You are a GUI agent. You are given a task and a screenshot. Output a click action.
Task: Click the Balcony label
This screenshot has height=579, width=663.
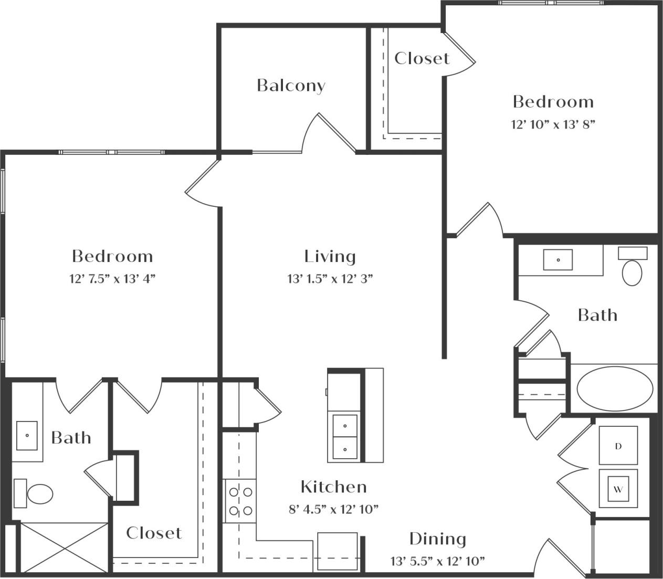pos(291,86)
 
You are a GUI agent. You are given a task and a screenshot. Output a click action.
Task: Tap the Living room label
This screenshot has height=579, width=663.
pos(330,256)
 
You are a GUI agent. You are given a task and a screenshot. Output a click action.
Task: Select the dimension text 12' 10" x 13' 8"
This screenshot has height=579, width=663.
pos(553,124)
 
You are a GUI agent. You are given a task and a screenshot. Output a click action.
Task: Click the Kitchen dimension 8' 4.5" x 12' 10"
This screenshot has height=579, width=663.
pos(333,509)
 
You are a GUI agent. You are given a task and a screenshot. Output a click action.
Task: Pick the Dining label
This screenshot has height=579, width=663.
pos(437,539)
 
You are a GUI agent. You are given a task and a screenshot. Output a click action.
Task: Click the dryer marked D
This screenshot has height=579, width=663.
pos(618,446)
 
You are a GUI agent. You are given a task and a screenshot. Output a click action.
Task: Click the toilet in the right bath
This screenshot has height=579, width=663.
pos(632,269)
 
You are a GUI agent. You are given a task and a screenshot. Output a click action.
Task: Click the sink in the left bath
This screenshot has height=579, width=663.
pos(27,435)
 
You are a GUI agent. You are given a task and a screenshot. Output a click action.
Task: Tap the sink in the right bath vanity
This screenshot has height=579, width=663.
pos(557,260)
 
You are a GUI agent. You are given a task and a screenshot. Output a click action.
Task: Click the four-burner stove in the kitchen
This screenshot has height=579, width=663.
pos(239,501)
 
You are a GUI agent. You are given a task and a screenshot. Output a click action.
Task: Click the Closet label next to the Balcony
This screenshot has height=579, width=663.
pos(422,58)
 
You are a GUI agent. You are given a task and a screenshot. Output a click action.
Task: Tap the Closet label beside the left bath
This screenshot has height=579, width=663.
pos(154,533)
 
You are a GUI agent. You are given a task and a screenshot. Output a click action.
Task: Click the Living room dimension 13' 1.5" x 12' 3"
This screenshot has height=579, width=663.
pos(330,279)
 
